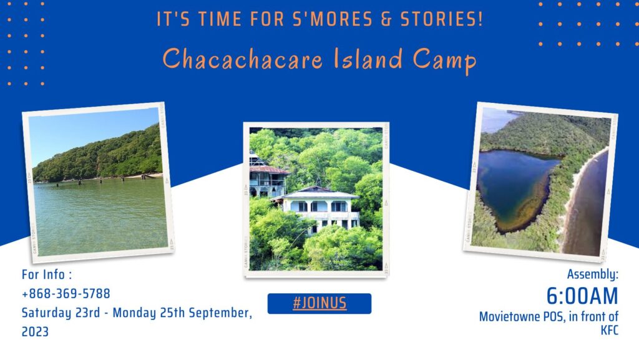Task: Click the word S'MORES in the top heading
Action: point(333,19)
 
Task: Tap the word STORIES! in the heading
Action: point(441,19)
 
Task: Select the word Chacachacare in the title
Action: point(243,59)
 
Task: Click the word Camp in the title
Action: point(444,61)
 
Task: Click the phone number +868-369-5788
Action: point(66,293)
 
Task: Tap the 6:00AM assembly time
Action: point(582,296)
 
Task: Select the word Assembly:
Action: point(593,275)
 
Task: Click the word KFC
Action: point(609,330)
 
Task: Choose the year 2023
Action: point(35,331)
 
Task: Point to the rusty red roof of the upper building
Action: point(269,169)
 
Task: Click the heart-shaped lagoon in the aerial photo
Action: point(514,185)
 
